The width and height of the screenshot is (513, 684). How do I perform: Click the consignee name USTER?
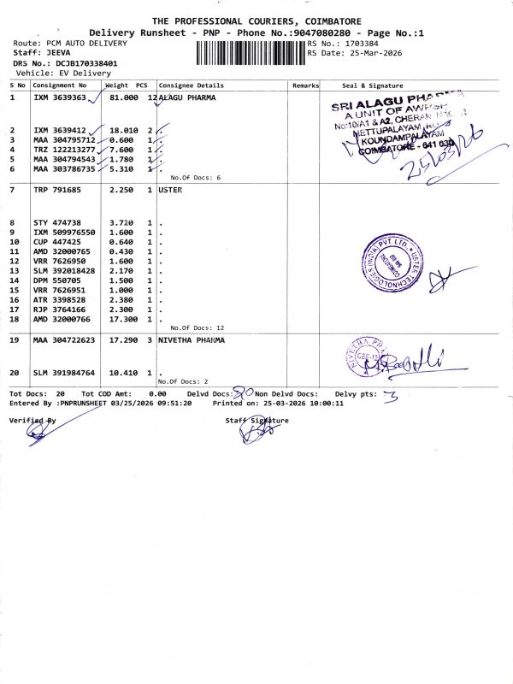[x=170, y=189]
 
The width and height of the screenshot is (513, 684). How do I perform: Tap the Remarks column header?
[x=305, y=85]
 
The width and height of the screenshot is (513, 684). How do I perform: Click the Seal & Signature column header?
[x=372, y=85]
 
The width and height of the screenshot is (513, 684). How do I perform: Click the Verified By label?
[x=32, y=421]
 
